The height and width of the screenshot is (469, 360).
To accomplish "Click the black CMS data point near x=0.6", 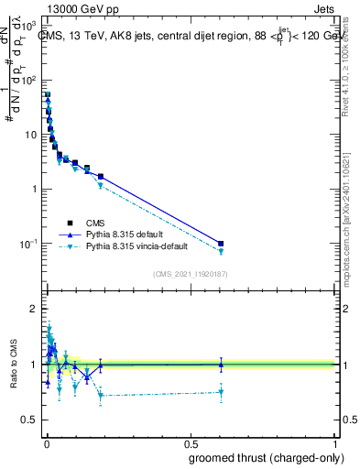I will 220,244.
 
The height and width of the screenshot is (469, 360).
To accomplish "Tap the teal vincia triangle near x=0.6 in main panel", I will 220,252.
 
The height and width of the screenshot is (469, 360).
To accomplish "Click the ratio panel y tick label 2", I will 34,309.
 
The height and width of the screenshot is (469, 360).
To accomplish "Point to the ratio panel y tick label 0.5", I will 30,420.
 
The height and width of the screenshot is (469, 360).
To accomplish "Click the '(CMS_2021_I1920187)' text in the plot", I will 190,273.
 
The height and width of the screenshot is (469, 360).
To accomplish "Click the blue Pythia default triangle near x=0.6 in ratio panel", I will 220,364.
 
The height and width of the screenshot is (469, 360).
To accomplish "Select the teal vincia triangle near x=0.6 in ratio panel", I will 220,392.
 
